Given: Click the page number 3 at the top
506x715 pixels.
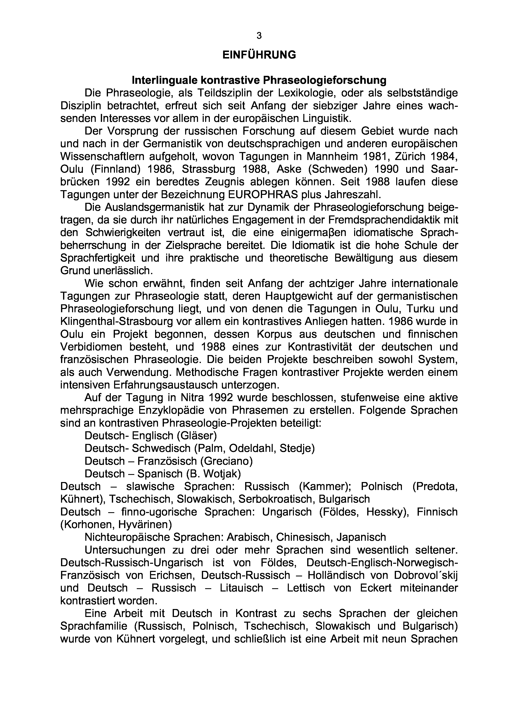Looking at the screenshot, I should pos(259,36).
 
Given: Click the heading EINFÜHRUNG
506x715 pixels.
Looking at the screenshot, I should pos(259,55).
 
